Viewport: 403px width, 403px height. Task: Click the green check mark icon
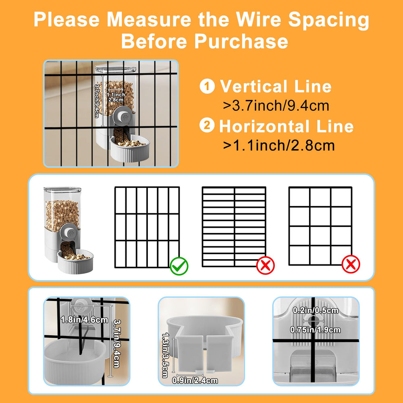point(179,266)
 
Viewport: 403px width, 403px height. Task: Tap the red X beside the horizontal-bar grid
point(266,265)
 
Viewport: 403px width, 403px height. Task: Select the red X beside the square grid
point(351,264)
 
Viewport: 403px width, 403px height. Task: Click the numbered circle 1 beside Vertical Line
point(207,86)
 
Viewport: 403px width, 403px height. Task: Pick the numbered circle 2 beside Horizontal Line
point(207,125)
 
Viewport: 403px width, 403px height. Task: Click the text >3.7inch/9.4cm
point(276,106)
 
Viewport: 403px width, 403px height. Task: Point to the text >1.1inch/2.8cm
point(279,145)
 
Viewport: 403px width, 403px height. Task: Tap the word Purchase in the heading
point(241,41)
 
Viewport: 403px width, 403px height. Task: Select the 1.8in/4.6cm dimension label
point(85,320)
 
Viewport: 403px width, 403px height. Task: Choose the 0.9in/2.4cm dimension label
point(195,380)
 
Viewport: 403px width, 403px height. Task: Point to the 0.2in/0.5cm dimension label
point(316,310)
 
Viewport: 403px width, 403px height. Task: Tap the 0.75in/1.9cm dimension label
point(316,330)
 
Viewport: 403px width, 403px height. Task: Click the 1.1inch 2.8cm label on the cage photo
point(116,97)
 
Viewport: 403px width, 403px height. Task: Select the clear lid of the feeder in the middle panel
point(62,190)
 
